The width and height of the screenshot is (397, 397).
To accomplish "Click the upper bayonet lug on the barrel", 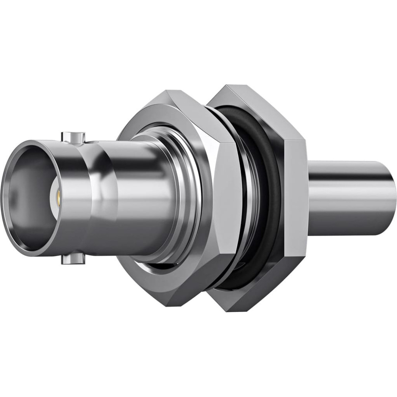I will (73, 137).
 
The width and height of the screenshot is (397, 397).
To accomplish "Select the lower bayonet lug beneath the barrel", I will (73, 259).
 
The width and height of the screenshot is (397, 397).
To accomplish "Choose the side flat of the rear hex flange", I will (296, 198).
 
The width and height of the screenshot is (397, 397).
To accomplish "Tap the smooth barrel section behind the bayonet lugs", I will (135, 198).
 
